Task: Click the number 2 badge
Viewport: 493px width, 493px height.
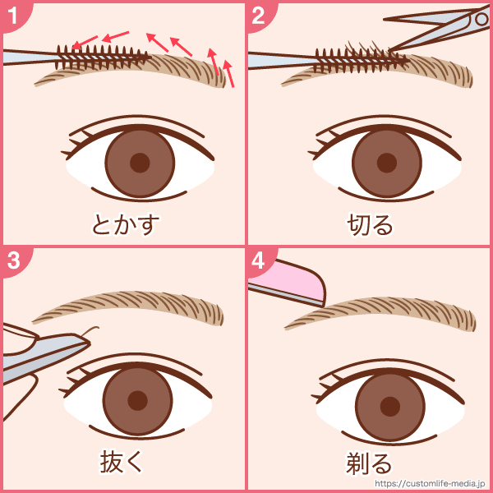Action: tap(259, 15)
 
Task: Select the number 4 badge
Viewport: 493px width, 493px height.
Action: tap(259, 260)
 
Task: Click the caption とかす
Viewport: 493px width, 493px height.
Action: tap(126, 224)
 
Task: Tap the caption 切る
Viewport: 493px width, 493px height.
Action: tap(370, 224)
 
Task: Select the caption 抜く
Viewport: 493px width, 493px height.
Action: tap(122, 462)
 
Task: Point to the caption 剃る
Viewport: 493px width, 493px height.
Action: tap(369, 463)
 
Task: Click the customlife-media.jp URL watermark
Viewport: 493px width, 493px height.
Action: tap(430, 483)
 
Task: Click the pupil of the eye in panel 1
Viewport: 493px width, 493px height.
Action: tap(140, 163)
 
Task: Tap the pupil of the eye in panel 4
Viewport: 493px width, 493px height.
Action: tap(390, 406)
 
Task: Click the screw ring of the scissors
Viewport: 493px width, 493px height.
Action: tap(481, 20)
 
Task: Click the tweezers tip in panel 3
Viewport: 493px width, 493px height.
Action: tap(88, 343)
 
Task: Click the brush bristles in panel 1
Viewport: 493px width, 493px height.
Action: tap(101, 57)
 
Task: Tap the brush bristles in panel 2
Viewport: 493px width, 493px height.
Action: tap(361, 60)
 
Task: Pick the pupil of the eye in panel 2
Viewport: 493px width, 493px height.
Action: tap(387, 163)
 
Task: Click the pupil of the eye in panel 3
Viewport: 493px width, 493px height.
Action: tap(138, 401)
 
